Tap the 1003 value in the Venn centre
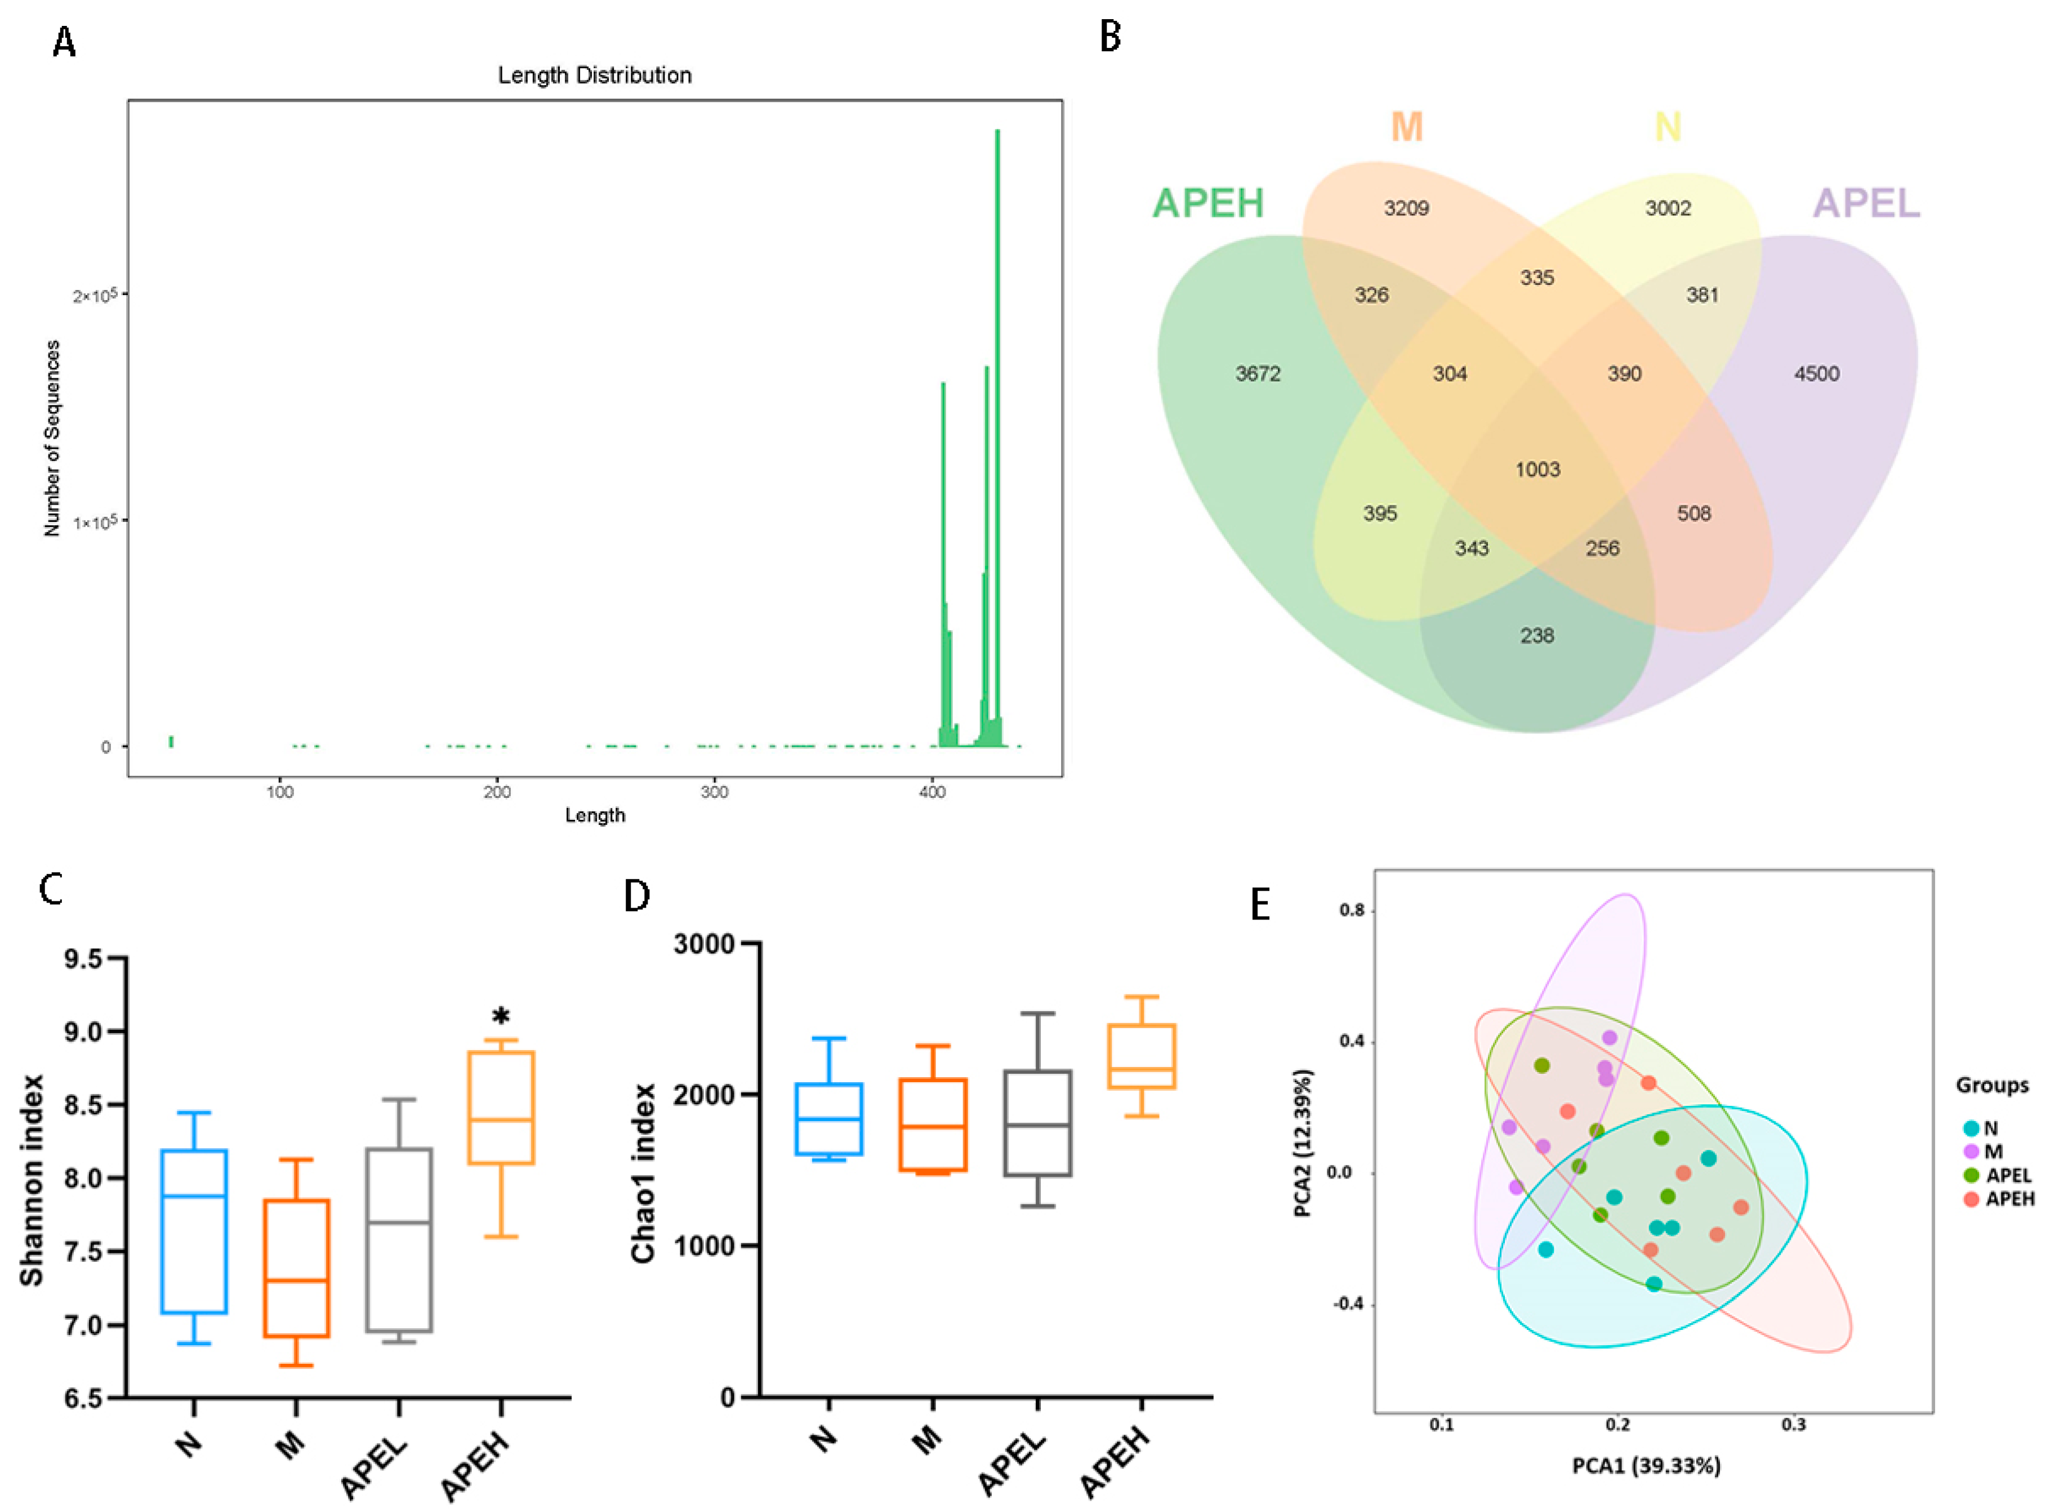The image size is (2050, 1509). tap(1537, 470)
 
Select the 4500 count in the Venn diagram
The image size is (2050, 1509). tap(1816, 374)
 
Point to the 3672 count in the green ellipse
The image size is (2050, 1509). tap(1258, 374)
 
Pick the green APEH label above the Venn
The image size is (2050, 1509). tap(1207, 203)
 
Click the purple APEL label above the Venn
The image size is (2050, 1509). tap(1866, 203)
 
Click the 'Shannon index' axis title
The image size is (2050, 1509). tap(32, 1179)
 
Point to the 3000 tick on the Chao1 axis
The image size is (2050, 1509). tap(705, 944)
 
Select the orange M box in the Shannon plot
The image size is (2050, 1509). tap(295, 1268)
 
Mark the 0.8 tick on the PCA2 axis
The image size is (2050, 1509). tap(1353, 910)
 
